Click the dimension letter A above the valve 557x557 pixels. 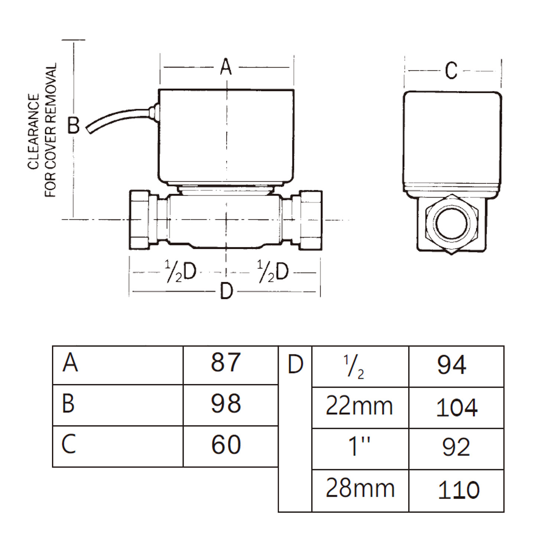point(226,67)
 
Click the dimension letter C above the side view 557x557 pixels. point(451,71)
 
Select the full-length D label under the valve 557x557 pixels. point(226,291)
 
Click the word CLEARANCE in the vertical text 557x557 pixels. point(34,132)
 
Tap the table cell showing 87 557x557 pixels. point(226,362)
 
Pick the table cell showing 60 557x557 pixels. point(226,445)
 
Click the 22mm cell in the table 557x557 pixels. point(359,406)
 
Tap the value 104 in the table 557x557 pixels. point(456,408)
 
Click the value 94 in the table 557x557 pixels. point(452,365)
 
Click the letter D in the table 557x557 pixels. point(295,365)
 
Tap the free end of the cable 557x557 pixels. point(89,130)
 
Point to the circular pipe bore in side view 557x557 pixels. point(451,224)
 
